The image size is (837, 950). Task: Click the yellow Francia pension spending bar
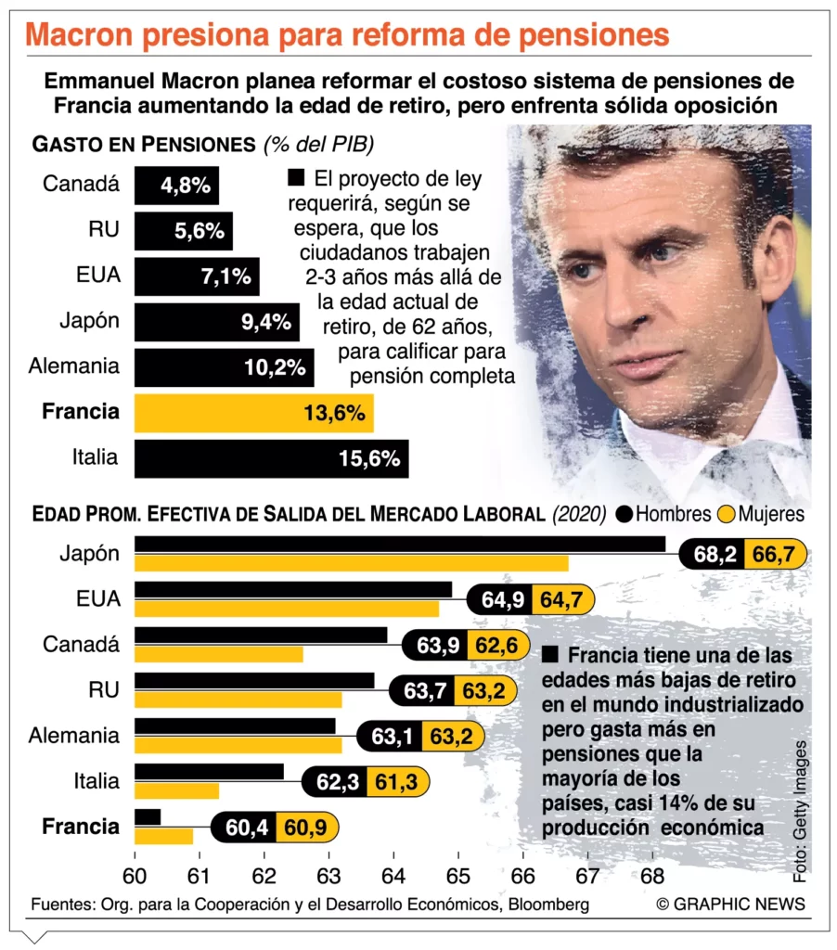(253, 413)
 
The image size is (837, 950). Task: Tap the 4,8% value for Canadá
(186, 186)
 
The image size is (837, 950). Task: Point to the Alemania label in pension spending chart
(74, 366)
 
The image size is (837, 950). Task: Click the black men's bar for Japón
(399, 544)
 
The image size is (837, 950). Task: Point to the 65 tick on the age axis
(457, 875)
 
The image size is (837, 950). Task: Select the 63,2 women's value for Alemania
(448, 737)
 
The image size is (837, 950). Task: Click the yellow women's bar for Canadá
(219, 654)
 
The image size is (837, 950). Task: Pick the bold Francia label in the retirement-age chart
(81, 827)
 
